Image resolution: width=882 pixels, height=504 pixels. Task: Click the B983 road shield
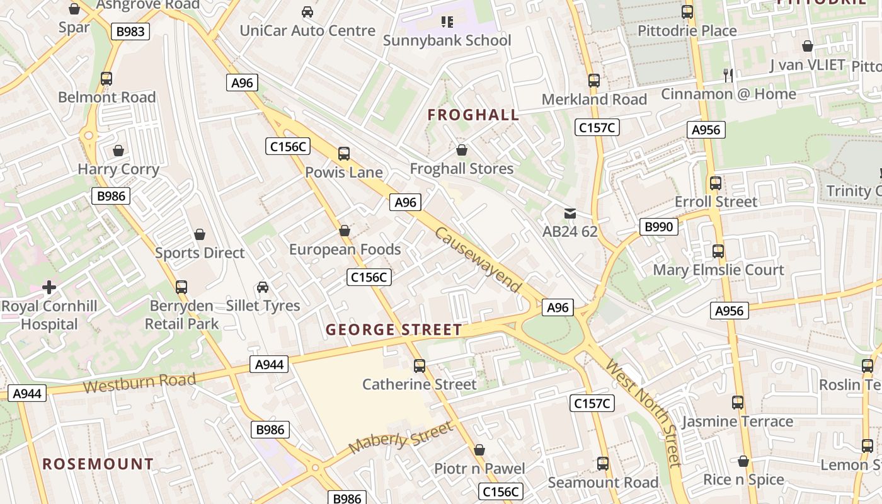point(130,31)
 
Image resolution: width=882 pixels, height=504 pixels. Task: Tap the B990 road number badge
point(658,227)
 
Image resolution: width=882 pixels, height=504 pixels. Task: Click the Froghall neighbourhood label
point(473,115)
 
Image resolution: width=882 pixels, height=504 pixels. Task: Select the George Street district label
point(394,329)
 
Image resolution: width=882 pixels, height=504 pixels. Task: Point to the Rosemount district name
point(98,464)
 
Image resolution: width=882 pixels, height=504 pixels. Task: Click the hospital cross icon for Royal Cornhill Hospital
point(49,287)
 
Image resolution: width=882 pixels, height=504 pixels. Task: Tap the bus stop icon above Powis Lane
point(344,153)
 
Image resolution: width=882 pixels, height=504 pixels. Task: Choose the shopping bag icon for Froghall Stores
point(462,150)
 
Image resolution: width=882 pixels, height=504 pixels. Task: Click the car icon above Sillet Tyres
point(263,287)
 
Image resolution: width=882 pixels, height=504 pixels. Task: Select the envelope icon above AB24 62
point(570,213)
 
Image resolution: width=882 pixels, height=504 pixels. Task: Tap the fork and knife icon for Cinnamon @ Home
point(728,75)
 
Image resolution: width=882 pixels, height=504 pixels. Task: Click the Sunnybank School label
point(447,40)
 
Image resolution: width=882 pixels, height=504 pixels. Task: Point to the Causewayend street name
point(478,260)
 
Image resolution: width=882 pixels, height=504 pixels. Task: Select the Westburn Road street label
point(139,382)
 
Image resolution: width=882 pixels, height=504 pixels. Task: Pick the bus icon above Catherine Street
point(420,365)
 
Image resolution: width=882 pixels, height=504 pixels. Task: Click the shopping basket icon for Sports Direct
point(200,234)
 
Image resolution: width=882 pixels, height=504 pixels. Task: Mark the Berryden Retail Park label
point(181,314)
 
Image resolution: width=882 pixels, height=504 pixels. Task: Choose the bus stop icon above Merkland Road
point(594,81)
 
